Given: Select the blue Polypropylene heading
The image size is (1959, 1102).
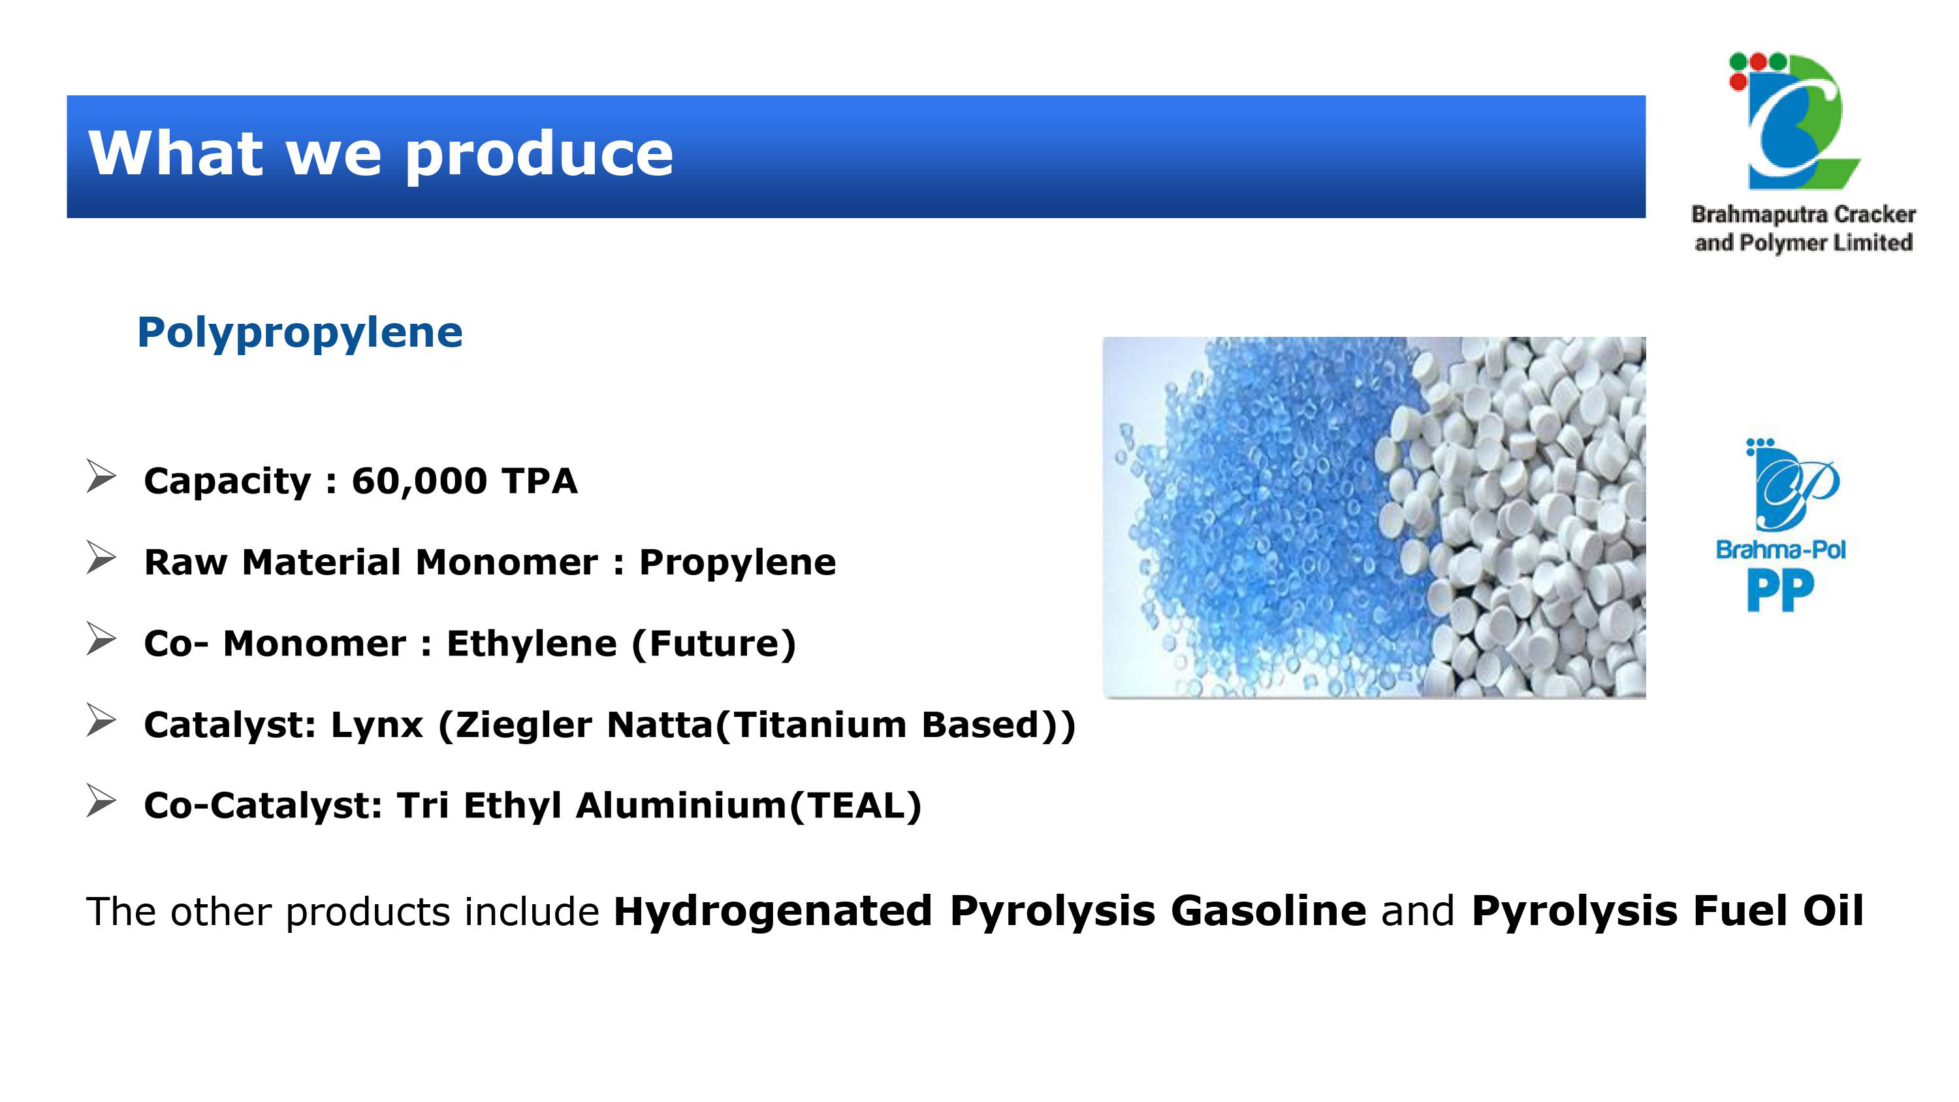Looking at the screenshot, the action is tap(300, 333).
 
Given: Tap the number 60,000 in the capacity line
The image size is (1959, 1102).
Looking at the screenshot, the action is tap(419, 481).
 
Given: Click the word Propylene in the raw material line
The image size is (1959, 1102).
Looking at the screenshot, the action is tap(737, 563).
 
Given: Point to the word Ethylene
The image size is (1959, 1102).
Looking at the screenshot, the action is tap(532, 644).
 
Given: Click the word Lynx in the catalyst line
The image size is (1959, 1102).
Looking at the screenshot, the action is tap(376, 725).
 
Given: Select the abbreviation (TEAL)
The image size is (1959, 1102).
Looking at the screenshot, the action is tap(855, 806).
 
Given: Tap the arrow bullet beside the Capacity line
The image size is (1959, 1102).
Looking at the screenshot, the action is tap(101, 477).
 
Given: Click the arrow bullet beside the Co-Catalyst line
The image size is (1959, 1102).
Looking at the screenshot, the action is tap(101, 801).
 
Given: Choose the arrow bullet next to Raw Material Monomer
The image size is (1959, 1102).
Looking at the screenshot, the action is tap(101, 558).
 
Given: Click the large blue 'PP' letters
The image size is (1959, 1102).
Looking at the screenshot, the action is tap(1780, 591).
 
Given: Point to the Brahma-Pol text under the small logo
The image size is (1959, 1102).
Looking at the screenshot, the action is tap(1780, 549).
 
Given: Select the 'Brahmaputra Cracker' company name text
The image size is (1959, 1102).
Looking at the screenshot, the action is tap(1803, 215).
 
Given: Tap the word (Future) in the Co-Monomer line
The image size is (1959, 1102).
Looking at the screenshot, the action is tap(713, 644).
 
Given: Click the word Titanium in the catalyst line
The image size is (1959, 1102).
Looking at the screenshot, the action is tap(820, 725).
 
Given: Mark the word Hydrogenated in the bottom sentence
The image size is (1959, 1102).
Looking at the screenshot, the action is tap(772, 912).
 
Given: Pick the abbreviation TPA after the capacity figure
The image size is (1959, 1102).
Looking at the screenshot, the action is tap(539, 481).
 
